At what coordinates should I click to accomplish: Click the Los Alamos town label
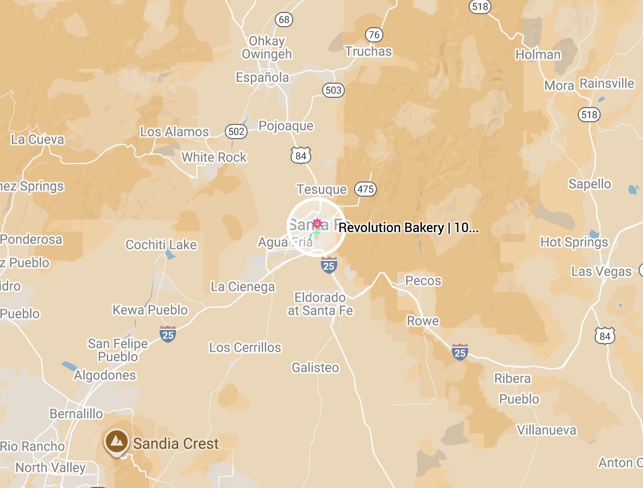point(174,132)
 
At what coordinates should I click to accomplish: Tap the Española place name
point(262,78)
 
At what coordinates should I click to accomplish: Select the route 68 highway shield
point(283,20)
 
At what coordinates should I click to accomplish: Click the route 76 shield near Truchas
point(374,35)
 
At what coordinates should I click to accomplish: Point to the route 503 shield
point(333,90)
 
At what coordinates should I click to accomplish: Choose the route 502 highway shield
point(236,131)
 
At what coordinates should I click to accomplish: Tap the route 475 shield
point(365,189)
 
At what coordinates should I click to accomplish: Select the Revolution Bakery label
point(408,228)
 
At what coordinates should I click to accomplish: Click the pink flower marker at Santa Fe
point(318,223)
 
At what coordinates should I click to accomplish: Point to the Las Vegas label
point(601,271)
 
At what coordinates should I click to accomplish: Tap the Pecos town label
point(424,280)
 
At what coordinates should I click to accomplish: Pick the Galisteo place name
point(315,367)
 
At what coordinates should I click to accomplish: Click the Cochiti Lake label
point(161,245)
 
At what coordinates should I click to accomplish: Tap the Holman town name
point(538,54)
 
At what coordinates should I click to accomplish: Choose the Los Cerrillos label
point(245,347)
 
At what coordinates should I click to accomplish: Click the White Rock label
point(214,157)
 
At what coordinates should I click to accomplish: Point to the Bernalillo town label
point(76,414)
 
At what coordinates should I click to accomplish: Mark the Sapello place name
point(590,184)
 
